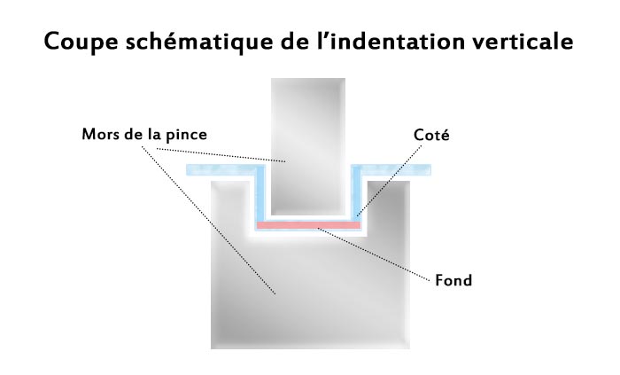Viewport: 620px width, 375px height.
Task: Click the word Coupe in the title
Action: pyautogui.click(x=81, y=42)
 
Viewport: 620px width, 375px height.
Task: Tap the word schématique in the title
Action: pyautogui.click(x=199, y=41)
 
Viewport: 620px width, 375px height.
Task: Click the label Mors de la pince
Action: pyautogui.click(x=144, y=135)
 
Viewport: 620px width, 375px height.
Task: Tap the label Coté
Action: pyautogui.click(x=431, y=135)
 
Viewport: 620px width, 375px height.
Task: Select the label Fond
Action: pyautogui.click(x=453, y=280)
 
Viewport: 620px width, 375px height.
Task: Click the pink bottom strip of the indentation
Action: pyautogui.click(x=309, y=225)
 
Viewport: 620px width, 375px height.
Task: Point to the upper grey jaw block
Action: pyautogui.click(x=308, y=146)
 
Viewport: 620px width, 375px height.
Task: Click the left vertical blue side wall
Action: pyautogui.click(x=260, y=194)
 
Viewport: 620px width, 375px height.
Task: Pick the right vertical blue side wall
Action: pyautogui.click(x=357, y=194)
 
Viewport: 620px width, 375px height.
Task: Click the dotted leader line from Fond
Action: pyautogui.click(x=374, y=254)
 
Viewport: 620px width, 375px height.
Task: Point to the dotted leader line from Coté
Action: pyautogui.click(x=389, y=180)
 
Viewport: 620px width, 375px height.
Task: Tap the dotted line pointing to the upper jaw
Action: pyautogui.click(x=221, y=155)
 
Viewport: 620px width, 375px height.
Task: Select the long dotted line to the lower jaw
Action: pyautogui.click(x=208, y=220)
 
